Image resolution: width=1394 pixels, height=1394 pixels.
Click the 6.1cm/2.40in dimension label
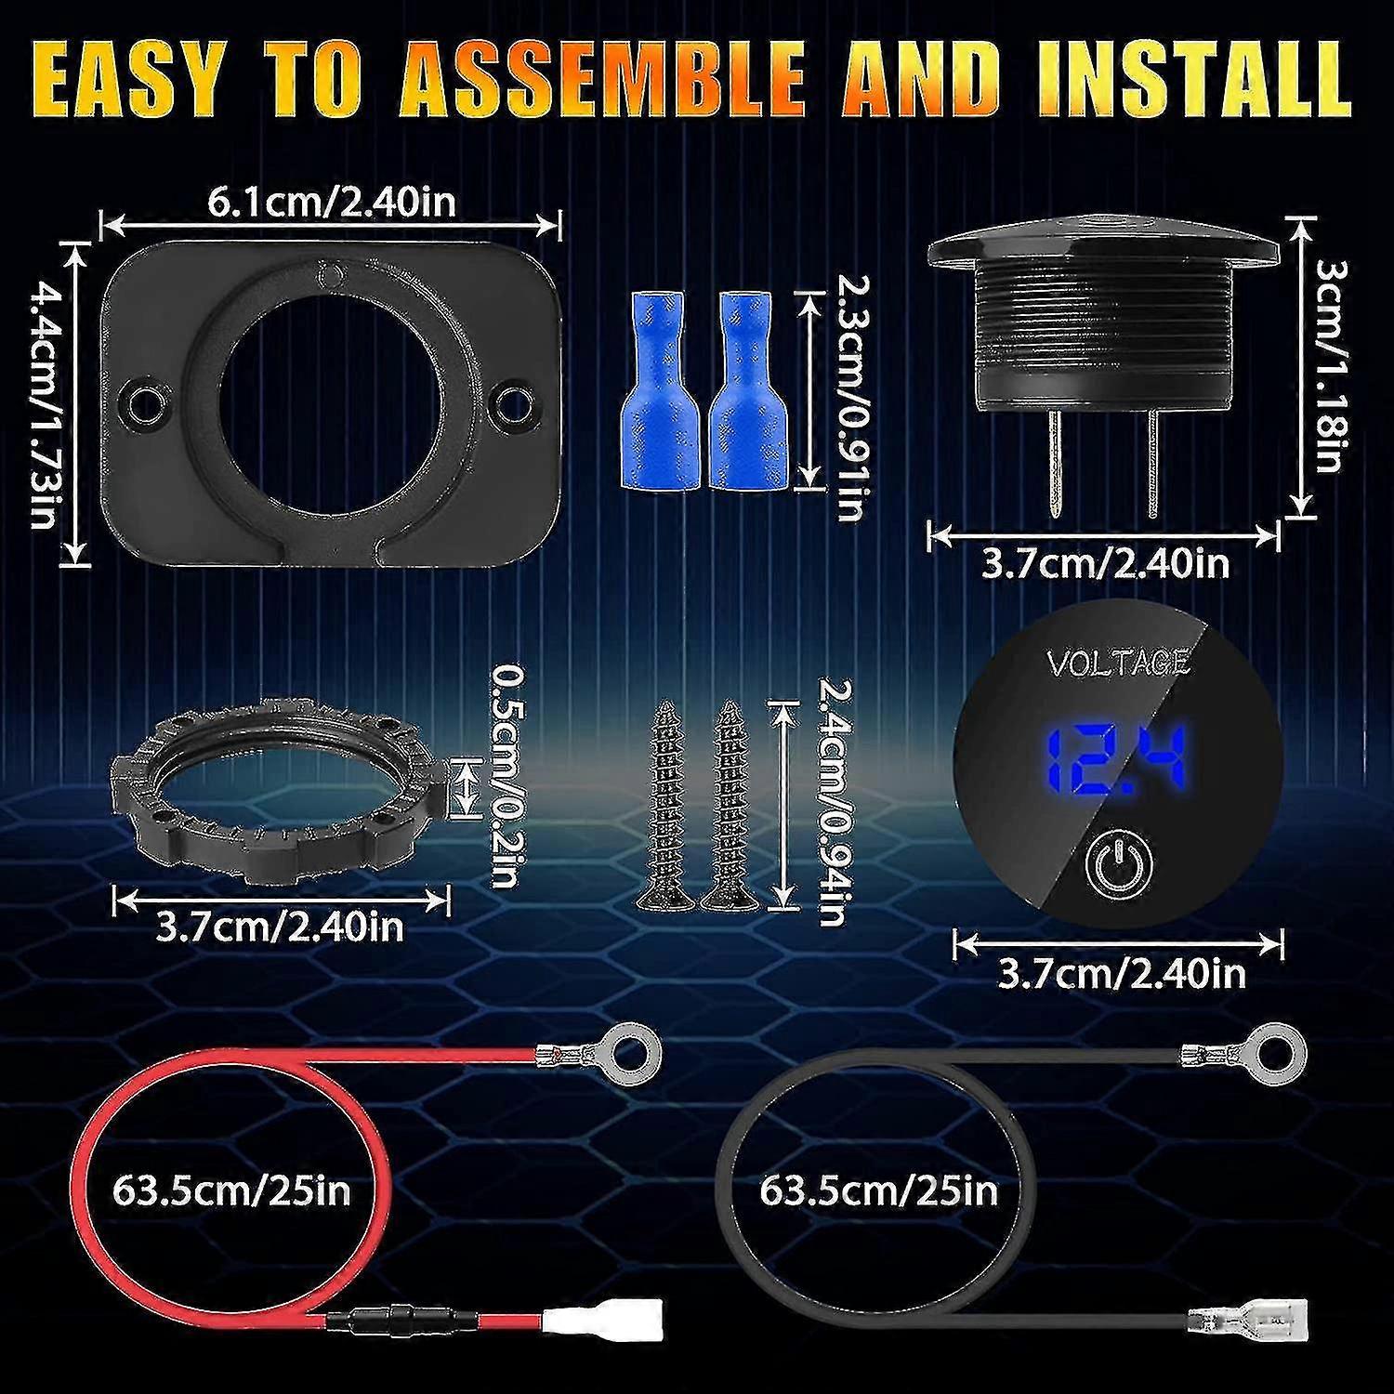pyautogui.click(x=331, y=201)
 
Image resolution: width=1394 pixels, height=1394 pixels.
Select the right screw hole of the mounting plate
pyautogui.click(x=510, y=398)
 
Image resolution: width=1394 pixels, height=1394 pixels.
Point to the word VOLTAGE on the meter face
pyautogui.click(x=1119, y=663)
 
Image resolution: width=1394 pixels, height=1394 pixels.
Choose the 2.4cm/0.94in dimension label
pyautogui.click(x=833, y=801)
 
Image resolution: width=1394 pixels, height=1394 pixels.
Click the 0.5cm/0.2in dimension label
pyautogui.click(x=505, y=776)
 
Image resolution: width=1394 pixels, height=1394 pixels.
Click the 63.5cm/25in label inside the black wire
pyautogui.click(x=878, y=1190)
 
